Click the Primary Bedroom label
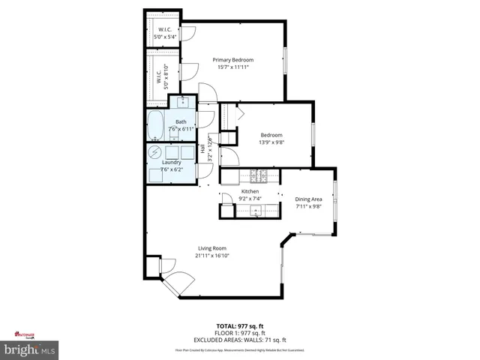(232, 60)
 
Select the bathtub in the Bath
(156, 125)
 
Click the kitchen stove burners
(259, 177)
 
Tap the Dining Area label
(307, 199)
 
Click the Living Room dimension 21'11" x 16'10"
(212, 255)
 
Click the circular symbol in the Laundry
(154, 152)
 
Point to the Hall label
(202, 148)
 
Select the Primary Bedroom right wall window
(284, 60)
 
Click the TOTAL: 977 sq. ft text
(239, 326)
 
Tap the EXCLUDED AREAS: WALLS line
(239, 340)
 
